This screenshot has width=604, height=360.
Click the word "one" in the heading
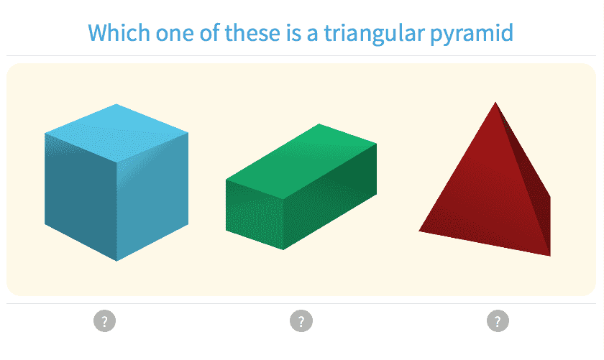click(x=170, y=34)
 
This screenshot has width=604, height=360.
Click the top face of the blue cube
click(x=116, y=128)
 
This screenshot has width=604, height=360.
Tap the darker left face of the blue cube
click(x=80, y=190)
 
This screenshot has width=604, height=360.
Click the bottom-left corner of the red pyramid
click(x=419, y=231)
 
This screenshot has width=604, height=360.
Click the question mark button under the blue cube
click(x=104, y=320)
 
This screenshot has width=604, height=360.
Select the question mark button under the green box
click(x=301, y=320)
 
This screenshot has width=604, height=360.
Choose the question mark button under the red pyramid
click(x=497, y=320)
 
